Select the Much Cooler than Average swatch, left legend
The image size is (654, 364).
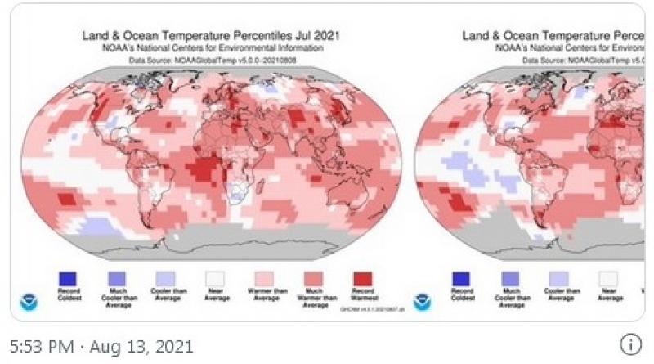[117, 279]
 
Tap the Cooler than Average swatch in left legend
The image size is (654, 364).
[165, 279]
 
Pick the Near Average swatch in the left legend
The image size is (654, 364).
[215, 279]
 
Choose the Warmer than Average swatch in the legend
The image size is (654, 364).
[265, 279]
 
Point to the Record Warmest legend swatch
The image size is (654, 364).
[362, 279]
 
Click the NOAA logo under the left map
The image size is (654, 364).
[28, 301]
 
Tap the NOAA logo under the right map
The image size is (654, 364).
[422, 301]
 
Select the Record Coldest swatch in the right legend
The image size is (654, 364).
[463, 279]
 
